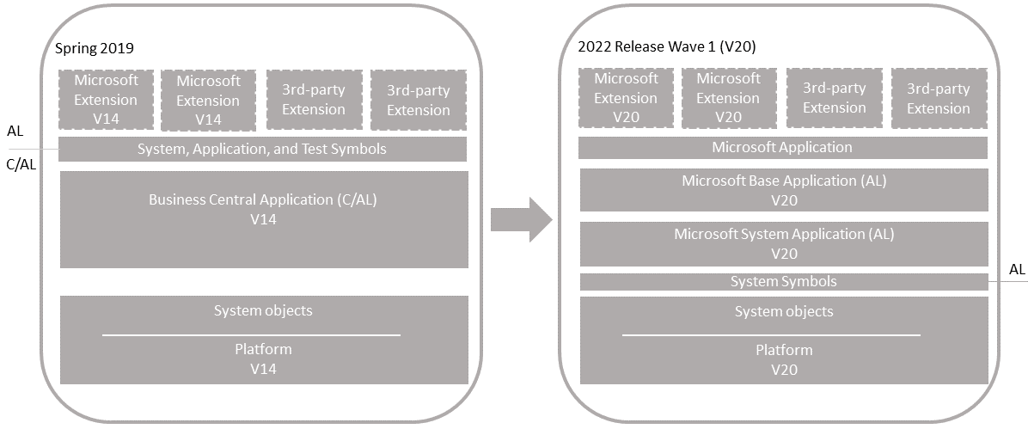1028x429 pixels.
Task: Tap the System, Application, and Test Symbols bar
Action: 262,149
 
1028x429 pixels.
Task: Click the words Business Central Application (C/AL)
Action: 263,200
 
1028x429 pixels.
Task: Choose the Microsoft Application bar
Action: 783,147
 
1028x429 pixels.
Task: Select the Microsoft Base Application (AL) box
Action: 784,190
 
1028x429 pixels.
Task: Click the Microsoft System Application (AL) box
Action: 784,243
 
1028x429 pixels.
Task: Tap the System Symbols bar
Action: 784,281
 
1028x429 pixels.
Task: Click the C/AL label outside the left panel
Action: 21,164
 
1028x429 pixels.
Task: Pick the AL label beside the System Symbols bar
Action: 1017,270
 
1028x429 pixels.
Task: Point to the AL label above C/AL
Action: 15,132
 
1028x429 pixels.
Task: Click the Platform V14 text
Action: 263,359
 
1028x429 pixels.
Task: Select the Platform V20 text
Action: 784,359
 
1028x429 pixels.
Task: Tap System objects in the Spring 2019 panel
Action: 263,310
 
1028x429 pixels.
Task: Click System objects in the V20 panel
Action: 784,311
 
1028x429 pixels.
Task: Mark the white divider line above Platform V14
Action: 251,335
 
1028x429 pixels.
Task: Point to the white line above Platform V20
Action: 771,335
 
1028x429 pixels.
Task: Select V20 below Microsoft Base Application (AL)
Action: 784,200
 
